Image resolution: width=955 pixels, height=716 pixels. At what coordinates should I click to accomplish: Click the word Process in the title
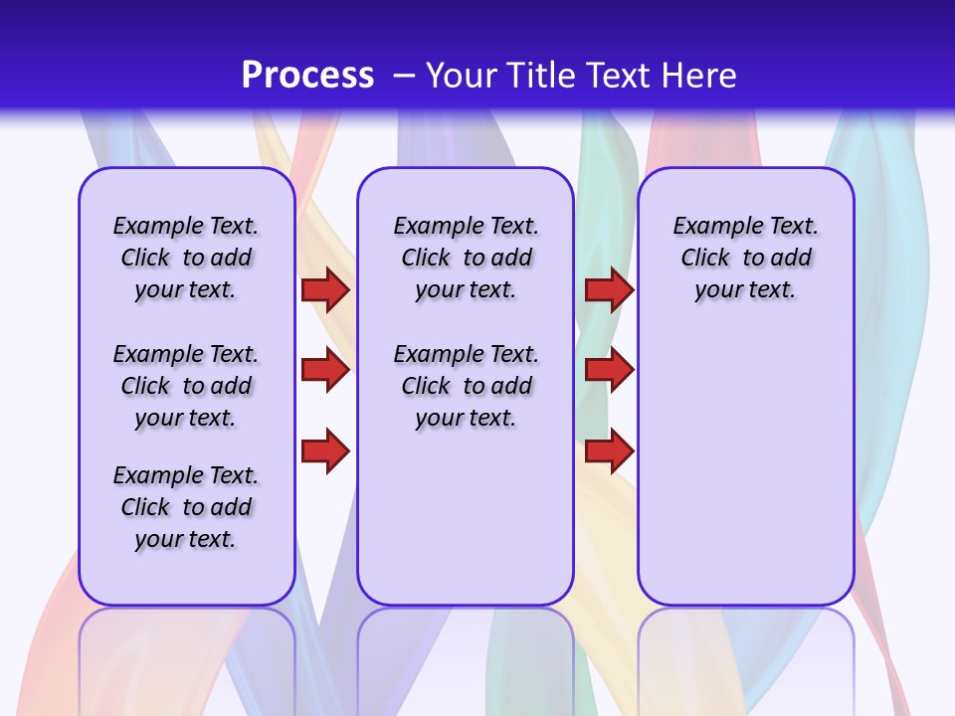[x=307, y=75]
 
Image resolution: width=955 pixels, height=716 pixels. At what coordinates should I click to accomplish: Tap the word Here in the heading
[x=700, y=75]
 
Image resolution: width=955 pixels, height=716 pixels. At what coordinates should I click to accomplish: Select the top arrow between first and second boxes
[x=324, y=290]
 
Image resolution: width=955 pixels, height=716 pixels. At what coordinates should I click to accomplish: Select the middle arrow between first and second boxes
[x=324, y=370]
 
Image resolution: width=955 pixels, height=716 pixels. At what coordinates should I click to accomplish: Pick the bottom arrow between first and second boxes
[x=324, y=450]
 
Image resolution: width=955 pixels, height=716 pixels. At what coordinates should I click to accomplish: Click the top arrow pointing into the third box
[x=609, y=290]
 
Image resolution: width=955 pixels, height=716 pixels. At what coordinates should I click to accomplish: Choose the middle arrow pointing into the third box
[x=609, y=370]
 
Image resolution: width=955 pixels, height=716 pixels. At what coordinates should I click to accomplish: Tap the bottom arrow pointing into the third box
[x=609, y=450]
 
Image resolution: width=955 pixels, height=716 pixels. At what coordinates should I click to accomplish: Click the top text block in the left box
[x=186, y=258]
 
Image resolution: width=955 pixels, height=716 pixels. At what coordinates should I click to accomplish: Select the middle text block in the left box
[x=186, y=386]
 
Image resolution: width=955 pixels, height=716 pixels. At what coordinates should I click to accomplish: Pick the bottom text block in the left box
[x=186, y=507]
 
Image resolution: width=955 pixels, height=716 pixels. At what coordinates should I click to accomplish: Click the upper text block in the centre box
[x=466, y=258]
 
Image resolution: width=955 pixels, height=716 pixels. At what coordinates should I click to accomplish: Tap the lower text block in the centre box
[x=466, y=386]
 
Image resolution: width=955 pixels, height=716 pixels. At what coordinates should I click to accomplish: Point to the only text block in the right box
[x=745, y=258]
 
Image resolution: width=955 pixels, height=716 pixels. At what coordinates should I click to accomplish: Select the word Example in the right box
[x=710, y=227]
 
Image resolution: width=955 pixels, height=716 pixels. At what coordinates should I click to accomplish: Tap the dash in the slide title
[x=404, y=75]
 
